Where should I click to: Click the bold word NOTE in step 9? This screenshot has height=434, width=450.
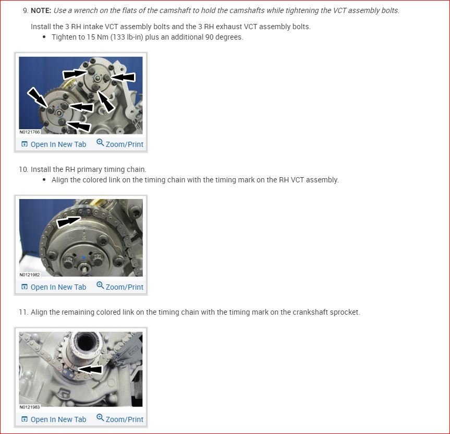click(41, 10)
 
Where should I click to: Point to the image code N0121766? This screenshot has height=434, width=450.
click(30, 132)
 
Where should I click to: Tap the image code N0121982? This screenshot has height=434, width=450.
click(30, 275)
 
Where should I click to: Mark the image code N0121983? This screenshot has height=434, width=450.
click(30, 407)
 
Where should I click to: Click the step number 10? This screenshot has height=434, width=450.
click(23, 169)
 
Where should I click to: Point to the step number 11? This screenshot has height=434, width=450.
click(23, 312)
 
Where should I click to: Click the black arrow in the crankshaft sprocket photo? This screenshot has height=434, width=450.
click(90, 369)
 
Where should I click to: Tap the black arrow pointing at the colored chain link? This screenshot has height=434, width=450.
click(69, 222)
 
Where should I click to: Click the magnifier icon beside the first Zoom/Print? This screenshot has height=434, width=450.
click(100, 143)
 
